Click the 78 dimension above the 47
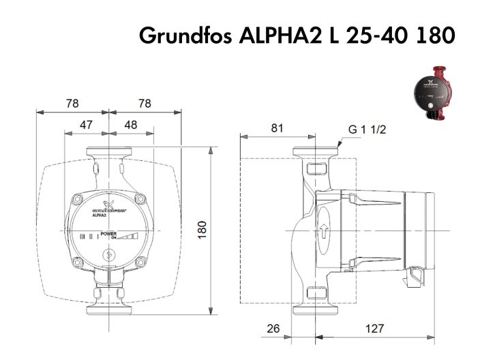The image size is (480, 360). [72, 104]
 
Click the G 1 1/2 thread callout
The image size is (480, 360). [367, 130]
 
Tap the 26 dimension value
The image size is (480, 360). [273, 329]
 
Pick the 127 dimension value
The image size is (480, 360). [376, 329]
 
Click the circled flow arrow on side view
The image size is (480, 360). [324, 231]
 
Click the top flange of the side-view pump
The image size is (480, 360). [312, 152]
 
